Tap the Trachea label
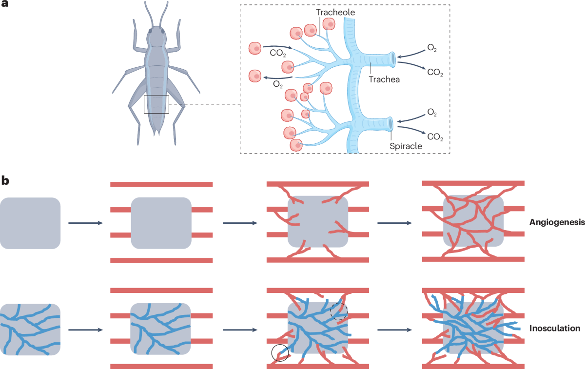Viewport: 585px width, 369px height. tap(385, 79)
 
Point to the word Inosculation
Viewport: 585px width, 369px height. tap(555, 328)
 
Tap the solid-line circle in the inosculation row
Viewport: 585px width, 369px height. tap(280, 352)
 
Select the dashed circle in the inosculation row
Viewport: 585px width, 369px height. tap(339, 311)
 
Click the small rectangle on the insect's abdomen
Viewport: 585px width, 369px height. tap(156, 104)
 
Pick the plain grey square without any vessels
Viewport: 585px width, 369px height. tap(30, 223)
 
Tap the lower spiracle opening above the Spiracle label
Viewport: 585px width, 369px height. tap(391, 124)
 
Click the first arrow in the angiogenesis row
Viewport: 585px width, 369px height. tap(85, 223)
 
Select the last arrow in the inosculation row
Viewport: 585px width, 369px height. tap(394, 330)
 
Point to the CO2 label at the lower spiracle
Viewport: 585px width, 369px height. tap(435, 138)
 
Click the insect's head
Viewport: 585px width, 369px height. tap(156, 35)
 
